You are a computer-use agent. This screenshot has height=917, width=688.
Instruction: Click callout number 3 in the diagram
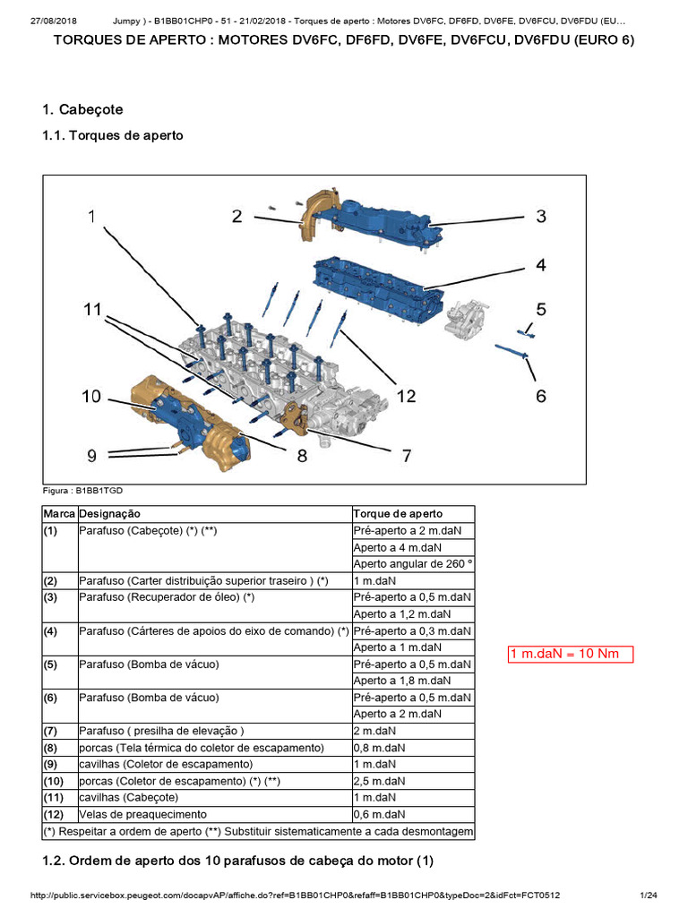[x=541, y=216]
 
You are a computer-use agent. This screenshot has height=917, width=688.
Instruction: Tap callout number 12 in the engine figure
[x=406, y=395]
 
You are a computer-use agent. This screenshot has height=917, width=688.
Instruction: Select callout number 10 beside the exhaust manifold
[x=91, y=395]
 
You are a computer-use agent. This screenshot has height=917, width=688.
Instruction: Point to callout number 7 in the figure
[x=406, y=456]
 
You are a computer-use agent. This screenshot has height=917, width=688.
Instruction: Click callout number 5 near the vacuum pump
[x=541, y=309]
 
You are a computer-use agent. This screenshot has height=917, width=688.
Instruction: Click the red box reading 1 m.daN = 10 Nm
[x=571, y=654]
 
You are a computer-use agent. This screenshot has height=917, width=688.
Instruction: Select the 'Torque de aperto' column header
[x=397, y=514]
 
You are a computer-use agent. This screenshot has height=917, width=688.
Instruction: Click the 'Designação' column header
[x=109, y=514]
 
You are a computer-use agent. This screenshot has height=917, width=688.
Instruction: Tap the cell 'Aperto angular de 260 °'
[x=412, y=564]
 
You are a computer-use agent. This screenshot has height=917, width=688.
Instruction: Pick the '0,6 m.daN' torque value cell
[x=379, y=815]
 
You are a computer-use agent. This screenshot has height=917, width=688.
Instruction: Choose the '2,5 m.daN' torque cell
[x=379, y=781]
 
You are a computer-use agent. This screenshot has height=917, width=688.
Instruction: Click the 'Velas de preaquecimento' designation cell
[x=142, y=815]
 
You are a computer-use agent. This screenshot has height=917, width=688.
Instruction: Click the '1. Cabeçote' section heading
[x=82, y=109]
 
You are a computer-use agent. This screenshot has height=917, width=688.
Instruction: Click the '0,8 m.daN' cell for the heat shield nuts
[x=379, y=748]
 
